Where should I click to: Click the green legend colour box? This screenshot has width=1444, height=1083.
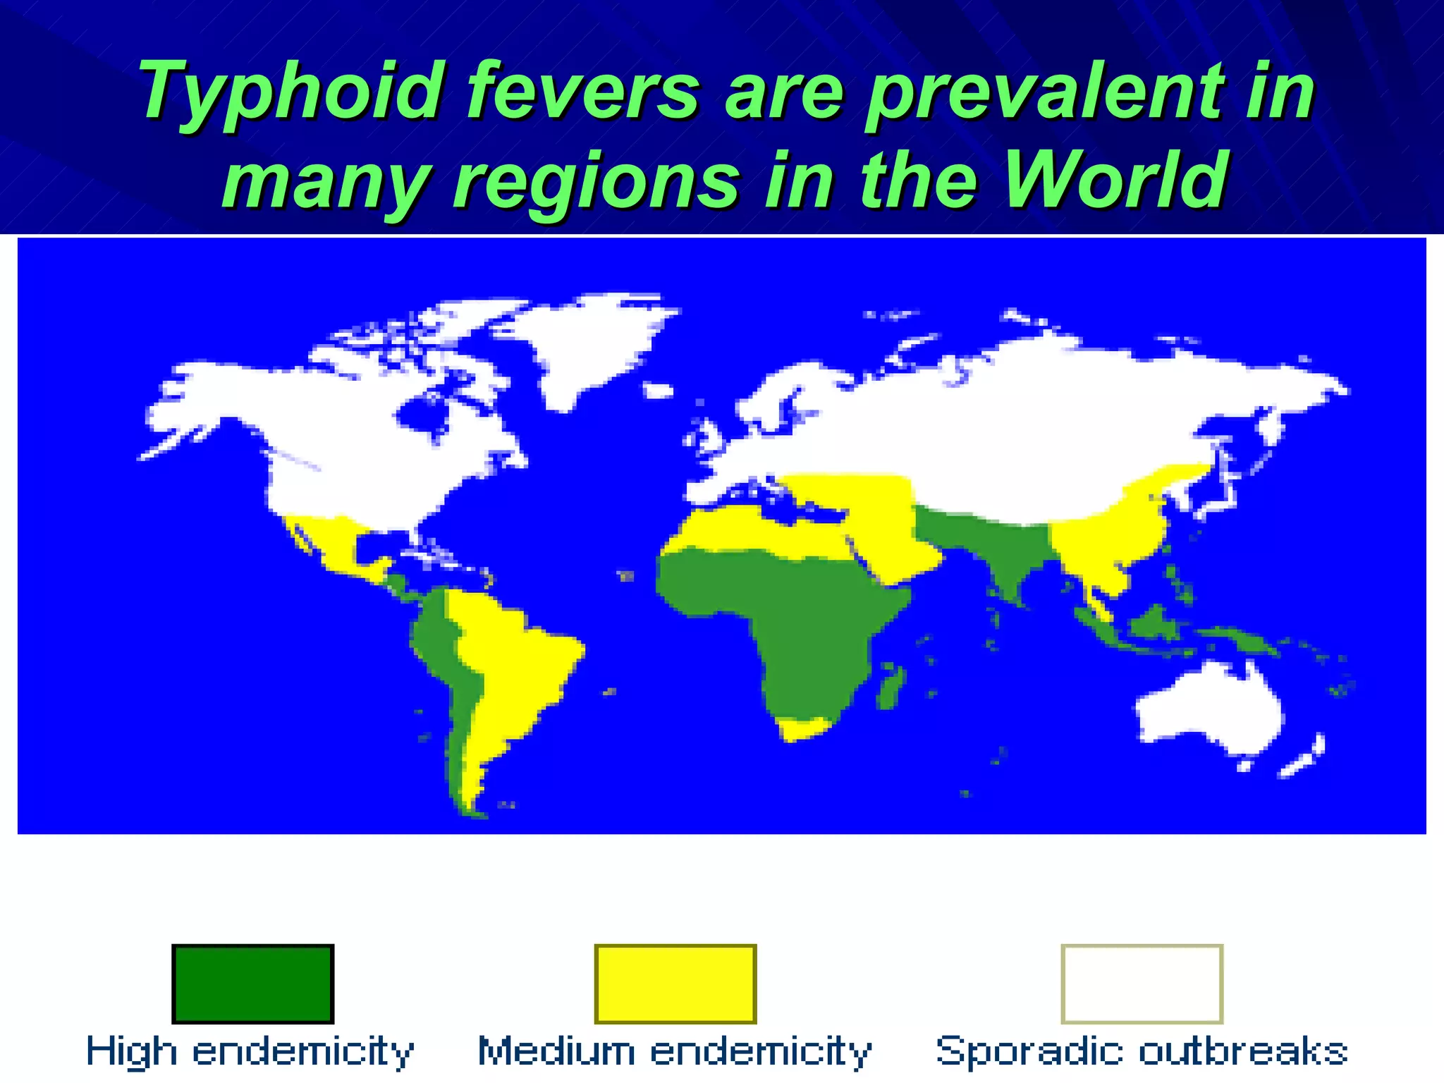point(252,984)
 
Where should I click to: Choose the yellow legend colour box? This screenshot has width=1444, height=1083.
point(675,984)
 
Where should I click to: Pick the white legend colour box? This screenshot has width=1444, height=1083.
point(1142,984)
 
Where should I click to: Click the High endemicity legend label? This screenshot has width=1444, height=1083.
point(250,1051)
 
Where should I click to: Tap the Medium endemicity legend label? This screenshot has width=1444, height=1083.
point(675,1051)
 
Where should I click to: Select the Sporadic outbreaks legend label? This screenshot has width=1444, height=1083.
point(1142,1051)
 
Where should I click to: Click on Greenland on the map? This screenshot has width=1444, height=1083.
point(585,345)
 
